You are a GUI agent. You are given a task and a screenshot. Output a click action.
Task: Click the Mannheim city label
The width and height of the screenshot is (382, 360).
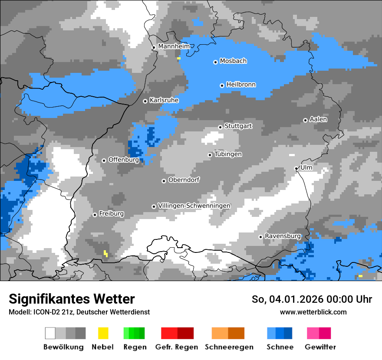tap(174, 46)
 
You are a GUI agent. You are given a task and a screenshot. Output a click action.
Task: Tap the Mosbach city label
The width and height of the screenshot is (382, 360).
tap(233, 61)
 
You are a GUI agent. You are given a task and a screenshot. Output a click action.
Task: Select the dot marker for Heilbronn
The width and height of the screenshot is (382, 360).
tap(222, 85)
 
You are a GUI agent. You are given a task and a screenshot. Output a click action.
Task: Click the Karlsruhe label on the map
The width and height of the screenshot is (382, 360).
tap(164, 100)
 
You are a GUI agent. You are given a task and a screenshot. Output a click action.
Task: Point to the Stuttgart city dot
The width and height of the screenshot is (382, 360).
tap(220, 127)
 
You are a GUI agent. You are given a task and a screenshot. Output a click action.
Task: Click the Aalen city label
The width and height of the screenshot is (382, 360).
tap(318, 119)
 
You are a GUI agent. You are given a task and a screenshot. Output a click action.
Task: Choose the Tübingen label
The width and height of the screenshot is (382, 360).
tap(228, 154)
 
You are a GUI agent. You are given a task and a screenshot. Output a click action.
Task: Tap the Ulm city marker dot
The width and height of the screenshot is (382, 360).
tap(296, 168)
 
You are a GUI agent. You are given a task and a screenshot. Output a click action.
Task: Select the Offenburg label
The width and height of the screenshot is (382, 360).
tap(123, 160)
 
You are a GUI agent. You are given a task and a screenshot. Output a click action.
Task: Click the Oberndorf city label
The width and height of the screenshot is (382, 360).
tap(184, 180)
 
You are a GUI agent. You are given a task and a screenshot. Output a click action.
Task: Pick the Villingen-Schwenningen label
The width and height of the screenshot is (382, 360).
tap(194, 206)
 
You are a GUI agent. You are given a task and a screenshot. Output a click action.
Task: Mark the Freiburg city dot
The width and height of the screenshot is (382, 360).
tap(95, 215)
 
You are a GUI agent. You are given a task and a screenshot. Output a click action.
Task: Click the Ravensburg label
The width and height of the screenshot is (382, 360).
tap(283, 236)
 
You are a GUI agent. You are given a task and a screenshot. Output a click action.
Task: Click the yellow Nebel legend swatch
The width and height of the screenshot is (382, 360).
tap(103, 333)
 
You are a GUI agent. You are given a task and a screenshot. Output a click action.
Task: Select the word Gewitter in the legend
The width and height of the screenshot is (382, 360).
tap(320, 347)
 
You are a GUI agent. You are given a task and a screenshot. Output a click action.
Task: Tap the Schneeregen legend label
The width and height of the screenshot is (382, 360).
tap(229, 347)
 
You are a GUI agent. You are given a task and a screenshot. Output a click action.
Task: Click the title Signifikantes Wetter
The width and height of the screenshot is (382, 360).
tap(72, 299)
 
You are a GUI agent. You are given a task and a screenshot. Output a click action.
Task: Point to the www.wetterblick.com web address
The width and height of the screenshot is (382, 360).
tap(313, 312)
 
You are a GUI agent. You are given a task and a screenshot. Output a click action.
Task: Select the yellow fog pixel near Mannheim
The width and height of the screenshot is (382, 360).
tap(178, 58)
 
